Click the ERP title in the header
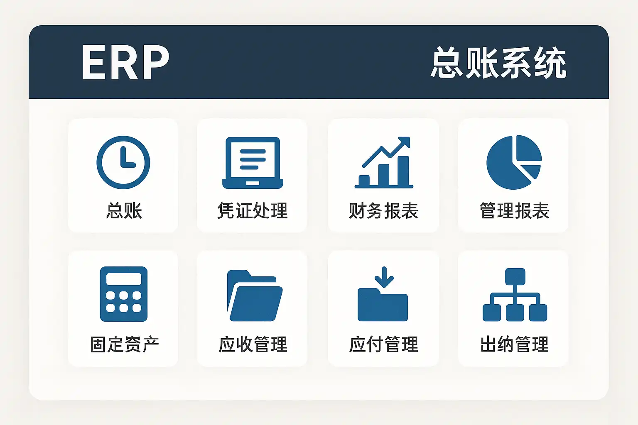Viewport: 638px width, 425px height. click(125, 62)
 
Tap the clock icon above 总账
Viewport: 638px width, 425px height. click(123, 163)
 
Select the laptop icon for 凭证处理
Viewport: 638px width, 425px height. click(253, 163)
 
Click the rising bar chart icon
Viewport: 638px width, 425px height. click(384, 163)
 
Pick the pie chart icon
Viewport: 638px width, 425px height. click(514, 162)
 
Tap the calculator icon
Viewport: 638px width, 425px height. click(124, 294)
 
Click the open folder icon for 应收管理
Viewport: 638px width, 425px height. click(255, 296)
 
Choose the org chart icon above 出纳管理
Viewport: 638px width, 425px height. click(515, 295)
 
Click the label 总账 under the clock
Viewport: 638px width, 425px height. click(124, 211)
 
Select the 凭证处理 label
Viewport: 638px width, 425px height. click(253, 211)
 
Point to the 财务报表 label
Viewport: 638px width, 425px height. click(383, 211)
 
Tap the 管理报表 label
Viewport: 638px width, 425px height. click(514, 211)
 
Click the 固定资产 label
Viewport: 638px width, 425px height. click(125, 344)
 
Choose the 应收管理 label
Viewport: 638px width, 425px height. click(253, 344)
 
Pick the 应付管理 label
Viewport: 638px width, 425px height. click(384, 344)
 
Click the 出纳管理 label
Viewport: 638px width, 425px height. click(514, 344)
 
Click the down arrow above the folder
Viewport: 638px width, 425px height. click(384, 277)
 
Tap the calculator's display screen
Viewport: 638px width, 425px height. click(124, 279)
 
